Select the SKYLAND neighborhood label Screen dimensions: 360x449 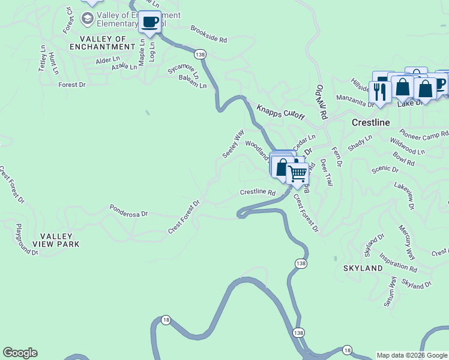363,268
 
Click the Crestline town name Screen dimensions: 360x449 370,122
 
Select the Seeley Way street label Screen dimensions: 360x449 233,143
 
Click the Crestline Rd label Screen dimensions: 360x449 257,193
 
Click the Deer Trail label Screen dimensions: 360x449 326,172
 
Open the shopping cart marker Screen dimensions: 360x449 297,173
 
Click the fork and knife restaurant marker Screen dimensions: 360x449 380,91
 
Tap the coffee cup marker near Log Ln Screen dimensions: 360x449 150,23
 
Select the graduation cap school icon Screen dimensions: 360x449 88,19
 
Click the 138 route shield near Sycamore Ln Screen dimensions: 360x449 200,55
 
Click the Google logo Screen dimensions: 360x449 20,353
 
